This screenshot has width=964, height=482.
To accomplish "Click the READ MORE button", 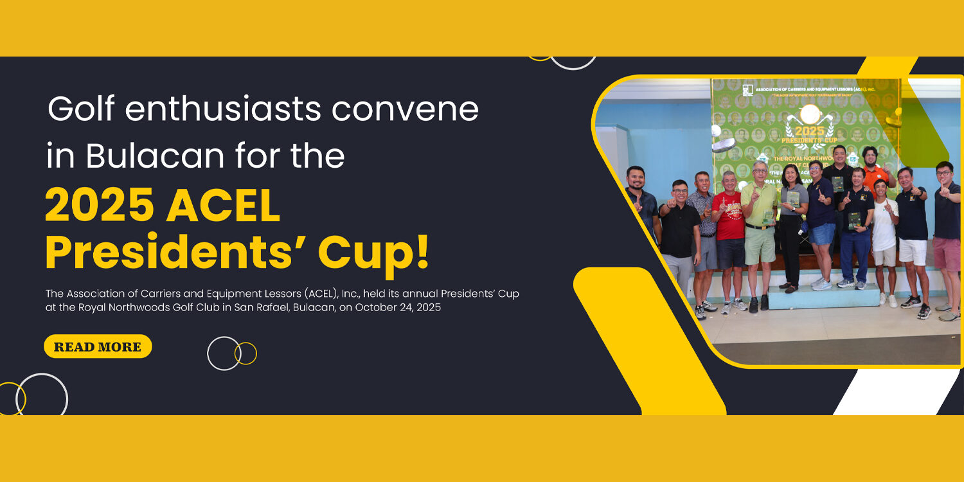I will (x=98, y=346).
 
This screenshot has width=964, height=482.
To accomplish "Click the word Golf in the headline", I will (x=80, y=109).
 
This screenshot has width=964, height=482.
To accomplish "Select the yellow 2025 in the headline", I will (x=99, y=205).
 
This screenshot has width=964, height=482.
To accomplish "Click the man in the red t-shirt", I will (x=729, y=222).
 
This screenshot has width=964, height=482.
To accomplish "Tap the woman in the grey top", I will (x=793, y=219).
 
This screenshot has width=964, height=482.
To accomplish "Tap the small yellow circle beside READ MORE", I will (x=245, y=353).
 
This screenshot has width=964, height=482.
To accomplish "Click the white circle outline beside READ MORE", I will (x=224, y=353).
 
